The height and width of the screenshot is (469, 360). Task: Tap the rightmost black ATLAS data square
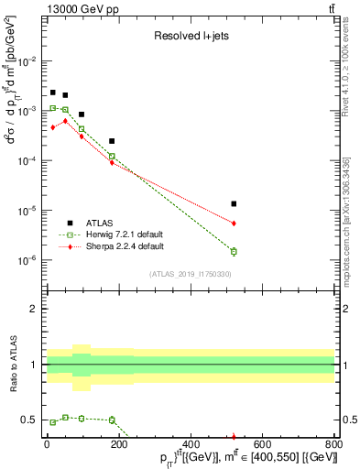click(x=234, y=203)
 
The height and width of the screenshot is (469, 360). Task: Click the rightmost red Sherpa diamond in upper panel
click(x=234, y=223)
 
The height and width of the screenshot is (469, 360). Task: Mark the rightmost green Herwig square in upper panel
click(x=234, y=251)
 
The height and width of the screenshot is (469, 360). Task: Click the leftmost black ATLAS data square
click(x=53, y=93)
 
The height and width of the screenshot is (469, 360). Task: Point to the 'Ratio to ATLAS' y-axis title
click(x=13, y=365)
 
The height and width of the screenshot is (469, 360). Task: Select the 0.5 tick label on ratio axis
click(x=29, y=420)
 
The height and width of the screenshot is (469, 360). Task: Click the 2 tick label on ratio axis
click(x=33, y=309)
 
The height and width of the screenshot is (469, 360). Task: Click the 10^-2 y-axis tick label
click(x=27, y=60)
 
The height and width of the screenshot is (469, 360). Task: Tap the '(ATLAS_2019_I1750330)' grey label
click(x=191, y=274)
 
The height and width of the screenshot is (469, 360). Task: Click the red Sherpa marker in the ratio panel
click(x=234, y=436)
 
